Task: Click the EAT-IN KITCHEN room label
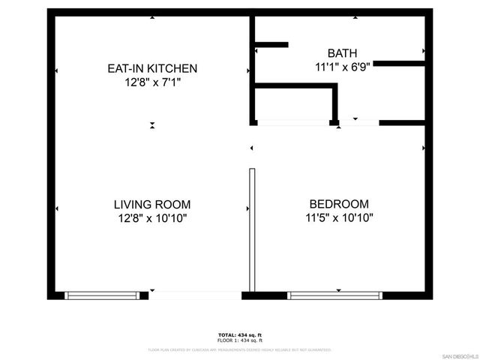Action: coord(152,69)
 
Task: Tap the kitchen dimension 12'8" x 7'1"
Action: coord(152,82)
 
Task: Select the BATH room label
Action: coord(341,52)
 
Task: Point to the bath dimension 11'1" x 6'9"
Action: coord(341,66)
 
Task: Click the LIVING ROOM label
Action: coord(152,204)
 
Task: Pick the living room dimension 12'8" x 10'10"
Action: coord(152,218)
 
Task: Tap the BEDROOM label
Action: coord(339,204)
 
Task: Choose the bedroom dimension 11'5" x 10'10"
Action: coord(339,218)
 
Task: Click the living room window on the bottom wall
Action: coord(103,295)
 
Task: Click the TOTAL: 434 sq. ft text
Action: coord(239,334)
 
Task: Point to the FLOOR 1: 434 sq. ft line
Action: coord(239,341)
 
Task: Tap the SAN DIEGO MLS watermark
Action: coord(458,355)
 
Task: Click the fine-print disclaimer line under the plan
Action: coord(239,349)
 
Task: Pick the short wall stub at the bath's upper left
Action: coord(271,45)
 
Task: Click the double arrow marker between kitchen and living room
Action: coord(152,125)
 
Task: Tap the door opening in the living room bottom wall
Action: coord(196,295)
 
